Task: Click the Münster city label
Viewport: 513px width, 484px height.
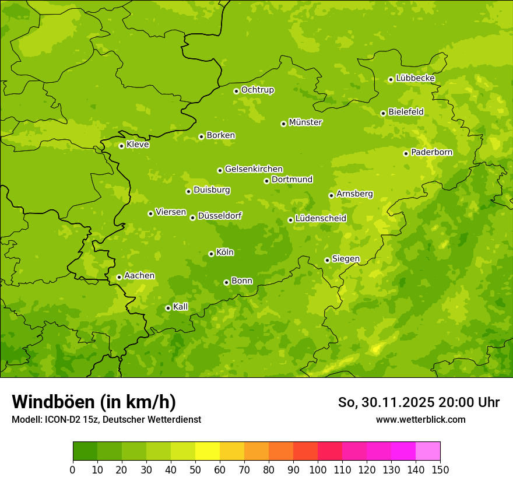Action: (x=305, y=122)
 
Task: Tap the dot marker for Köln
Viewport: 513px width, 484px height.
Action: (x=211, y=254)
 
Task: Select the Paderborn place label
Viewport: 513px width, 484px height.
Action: (x=432, y=152)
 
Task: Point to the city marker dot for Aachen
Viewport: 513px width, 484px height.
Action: (x=119, y=277)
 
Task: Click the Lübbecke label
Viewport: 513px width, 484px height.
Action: (x=416, y=78)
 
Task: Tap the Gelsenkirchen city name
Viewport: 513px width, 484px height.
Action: (x=254, y=169)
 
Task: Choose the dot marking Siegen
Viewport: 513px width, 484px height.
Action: (x=327, y=260)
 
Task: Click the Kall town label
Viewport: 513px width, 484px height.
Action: (x=181, y=307)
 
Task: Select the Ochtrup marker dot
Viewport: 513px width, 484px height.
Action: (x=236, y=91)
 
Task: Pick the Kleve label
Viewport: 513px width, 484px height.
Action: (x=138, y=145)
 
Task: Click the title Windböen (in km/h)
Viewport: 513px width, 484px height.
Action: (x=93, y=402)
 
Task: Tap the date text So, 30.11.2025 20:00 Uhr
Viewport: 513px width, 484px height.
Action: (x=419, y=402)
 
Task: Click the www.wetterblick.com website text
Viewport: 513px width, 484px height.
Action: (x=420, y=419)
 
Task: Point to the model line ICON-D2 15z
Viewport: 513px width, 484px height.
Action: (x=106, y=419)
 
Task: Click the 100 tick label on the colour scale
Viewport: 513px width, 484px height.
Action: (x=318, y=470)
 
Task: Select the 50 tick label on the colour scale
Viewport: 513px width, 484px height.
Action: (x=195, y=470)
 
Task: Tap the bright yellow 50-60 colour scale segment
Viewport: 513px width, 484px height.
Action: (x=208, y=451)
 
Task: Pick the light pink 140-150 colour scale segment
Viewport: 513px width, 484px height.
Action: (x=428, y=451)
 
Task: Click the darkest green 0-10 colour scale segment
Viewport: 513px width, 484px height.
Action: (x=85, y=451)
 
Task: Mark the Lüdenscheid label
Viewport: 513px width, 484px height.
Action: (x=321, y=219)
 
